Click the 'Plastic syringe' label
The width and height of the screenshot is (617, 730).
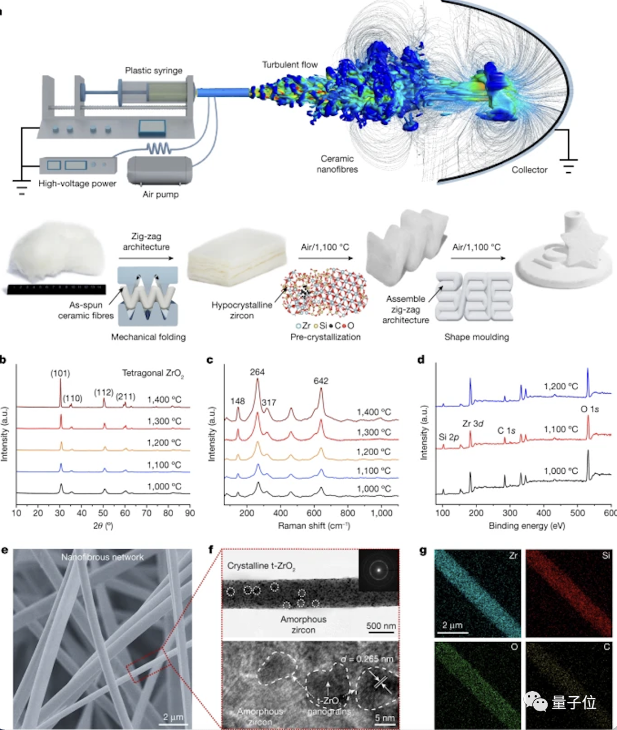pyautogui.click(x=154, y=70)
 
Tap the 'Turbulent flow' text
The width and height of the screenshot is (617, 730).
pyautogui.click(x=290, y=65)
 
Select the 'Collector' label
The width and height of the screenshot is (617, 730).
pyautogui.click(x=529, y=170)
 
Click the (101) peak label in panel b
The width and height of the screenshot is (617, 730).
pyautogui.click(x=60, y=373)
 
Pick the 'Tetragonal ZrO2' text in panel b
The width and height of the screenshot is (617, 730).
pyautogui.click(x=153, y=373)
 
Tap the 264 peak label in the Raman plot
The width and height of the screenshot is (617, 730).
pyautogui.click(x=257, y=372)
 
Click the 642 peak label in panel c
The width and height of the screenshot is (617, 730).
pyautogui.click(x=320, y=381)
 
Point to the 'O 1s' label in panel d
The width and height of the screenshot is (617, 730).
pyautogui.click(x=590, y=409)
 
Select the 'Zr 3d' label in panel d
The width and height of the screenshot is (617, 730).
pyautogui.click(x=472, y=424)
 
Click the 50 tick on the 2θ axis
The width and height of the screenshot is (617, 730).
pyautogui.click(x=103, y=513)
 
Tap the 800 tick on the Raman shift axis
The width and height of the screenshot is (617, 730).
pyautogui.click(x=347, y=513)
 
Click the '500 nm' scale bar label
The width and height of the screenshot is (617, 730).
pyautogui.click(x=381, y=626)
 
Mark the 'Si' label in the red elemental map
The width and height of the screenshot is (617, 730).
pyautogui.click(x=606, y=555)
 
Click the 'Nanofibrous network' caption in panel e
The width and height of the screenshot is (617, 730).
pyautogui.click(x=102, y=557)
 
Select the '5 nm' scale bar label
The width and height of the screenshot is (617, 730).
pyautogui.click(x=385, y=718)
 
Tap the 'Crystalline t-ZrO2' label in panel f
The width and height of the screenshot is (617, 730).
pyautogui.click(x=261, y=566)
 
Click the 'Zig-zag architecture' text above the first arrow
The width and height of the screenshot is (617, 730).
pyautogui.click(x=146, y=241)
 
